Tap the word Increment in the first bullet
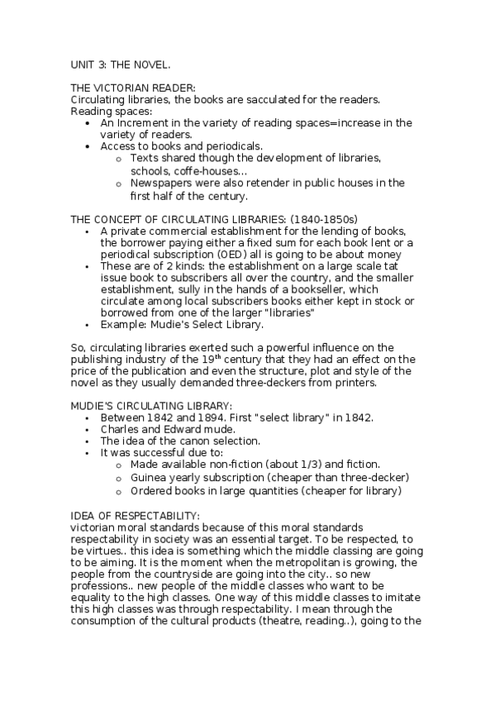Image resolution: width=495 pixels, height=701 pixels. (x=142, y=123)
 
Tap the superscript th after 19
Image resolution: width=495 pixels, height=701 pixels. (x=212, y=357)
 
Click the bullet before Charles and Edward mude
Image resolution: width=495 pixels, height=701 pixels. (x=88, y=430)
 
